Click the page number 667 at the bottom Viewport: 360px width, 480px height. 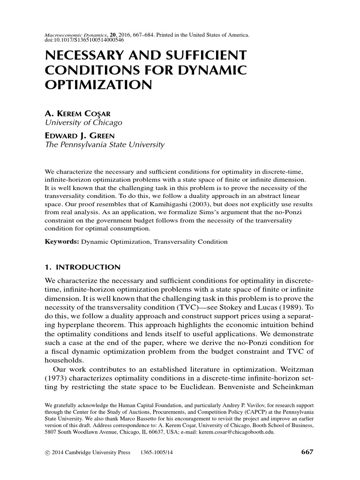coord(306,452)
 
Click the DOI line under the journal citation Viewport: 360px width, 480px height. coord(80,39)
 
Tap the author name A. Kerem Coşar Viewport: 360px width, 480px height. coord(77,114)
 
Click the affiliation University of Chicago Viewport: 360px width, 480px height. coord(83,123)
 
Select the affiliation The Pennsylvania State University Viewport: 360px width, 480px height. coord(105,145)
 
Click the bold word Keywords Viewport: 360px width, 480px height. coord(61,242)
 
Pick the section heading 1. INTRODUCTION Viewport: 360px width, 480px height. coord(82,268)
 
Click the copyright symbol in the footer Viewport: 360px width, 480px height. coord(46,453)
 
